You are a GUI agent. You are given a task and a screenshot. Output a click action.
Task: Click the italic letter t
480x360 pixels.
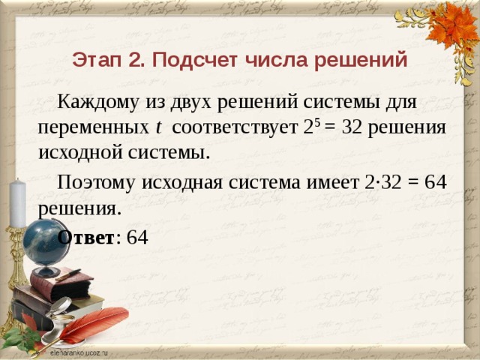tap(159, 126)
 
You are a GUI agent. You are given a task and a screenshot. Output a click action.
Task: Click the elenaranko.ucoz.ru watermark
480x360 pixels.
tap(78, 350)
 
